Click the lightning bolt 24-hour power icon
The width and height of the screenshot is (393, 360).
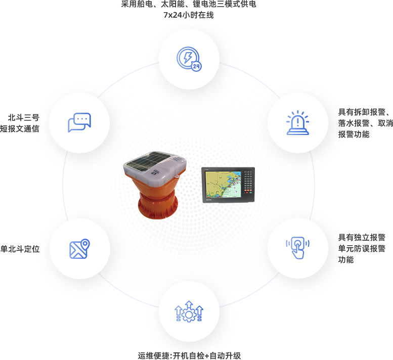click(x=188, y=58)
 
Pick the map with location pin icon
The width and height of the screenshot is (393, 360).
click(x=79, y=248)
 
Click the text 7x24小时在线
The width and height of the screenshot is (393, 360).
click(x=188, y=15)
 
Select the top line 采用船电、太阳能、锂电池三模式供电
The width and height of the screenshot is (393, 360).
click(x=188, y=5)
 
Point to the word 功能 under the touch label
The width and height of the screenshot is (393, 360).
click(x=346, y=259)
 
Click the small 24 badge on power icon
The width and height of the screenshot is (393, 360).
click(x=196, y=66)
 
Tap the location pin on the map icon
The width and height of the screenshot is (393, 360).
click(x=84, y=244)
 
